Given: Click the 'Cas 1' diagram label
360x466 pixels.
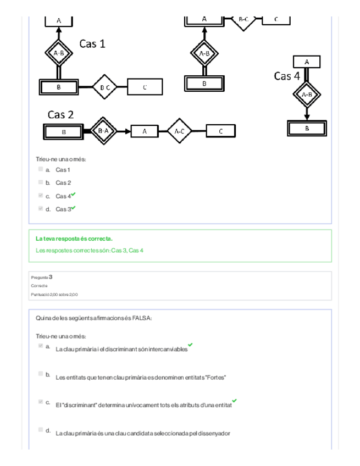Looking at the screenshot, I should click(92, 43).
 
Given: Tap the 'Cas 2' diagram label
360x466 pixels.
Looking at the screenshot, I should click(60, 115).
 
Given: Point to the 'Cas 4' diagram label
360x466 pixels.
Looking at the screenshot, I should click(287, 76).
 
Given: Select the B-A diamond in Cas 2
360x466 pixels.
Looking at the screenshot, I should click(103, 131).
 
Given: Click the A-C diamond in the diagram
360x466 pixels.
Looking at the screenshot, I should click(179, 131).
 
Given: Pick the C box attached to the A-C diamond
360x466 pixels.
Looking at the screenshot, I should click(221, 131).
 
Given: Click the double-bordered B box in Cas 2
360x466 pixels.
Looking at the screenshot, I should click(63, 132).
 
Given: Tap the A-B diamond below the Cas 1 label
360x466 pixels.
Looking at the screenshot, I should click(58, 53).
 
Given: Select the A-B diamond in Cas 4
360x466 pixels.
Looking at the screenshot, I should click(307, 94).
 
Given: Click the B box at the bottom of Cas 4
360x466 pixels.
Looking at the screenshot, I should click(307, 128).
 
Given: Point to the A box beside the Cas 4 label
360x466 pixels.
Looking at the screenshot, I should click(307, 62).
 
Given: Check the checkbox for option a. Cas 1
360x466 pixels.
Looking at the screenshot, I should click(41, 169).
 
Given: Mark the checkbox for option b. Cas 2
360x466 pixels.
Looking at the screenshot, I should click(41, 182).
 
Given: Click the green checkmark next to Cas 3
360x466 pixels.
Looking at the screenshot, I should click(74, 207).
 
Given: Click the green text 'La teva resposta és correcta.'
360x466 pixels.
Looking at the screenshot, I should click(74, 239).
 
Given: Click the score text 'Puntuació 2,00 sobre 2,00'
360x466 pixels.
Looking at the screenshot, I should click(54, 295).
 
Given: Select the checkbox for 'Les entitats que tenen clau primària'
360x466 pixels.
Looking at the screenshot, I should click(41, 374).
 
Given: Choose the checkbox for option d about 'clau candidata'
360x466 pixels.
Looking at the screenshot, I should click(41, 429).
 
